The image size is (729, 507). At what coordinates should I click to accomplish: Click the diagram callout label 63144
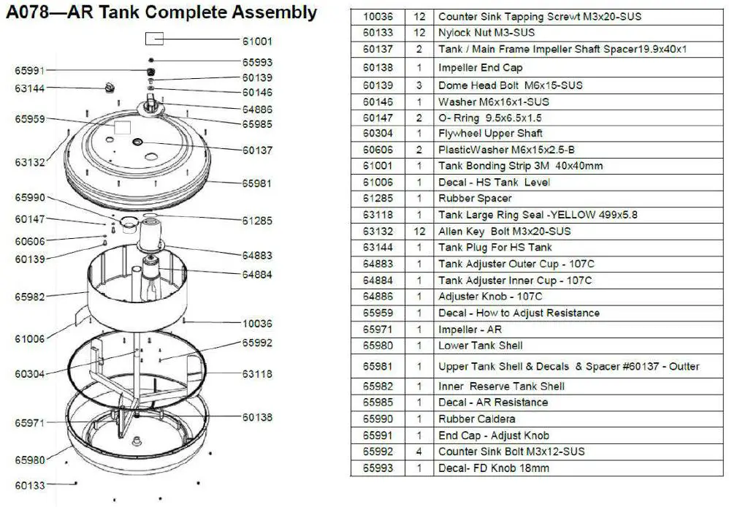[30, 89]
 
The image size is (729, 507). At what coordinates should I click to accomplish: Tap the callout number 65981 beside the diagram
[257, 184]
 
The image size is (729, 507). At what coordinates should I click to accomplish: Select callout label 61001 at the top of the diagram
[257, 42]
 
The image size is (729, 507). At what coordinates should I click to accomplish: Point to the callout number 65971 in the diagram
[30, 423]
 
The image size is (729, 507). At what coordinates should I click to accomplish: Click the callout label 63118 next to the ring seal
[257, 374]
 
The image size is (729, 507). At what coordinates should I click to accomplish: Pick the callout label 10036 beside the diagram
[257, 324]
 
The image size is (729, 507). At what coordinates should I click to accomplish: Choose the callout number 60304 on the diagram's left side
[30, 374]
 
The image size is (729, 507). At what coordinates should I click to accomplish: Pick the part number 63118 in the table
[378, 215]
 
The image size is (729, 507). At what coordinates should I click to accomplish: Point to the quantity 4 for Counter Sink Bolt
[419, 451]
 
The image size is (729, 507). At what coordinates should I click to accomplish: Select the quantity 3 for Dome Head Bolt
[419, 85]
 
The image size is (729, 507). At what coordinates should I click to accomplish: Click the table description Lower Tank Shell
[480, 346]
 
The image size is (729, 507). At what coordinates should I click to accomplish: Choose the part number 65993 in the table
[378, 468]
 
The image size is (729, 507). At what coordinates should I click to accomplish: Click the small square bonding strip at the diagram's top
[154, 39]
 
